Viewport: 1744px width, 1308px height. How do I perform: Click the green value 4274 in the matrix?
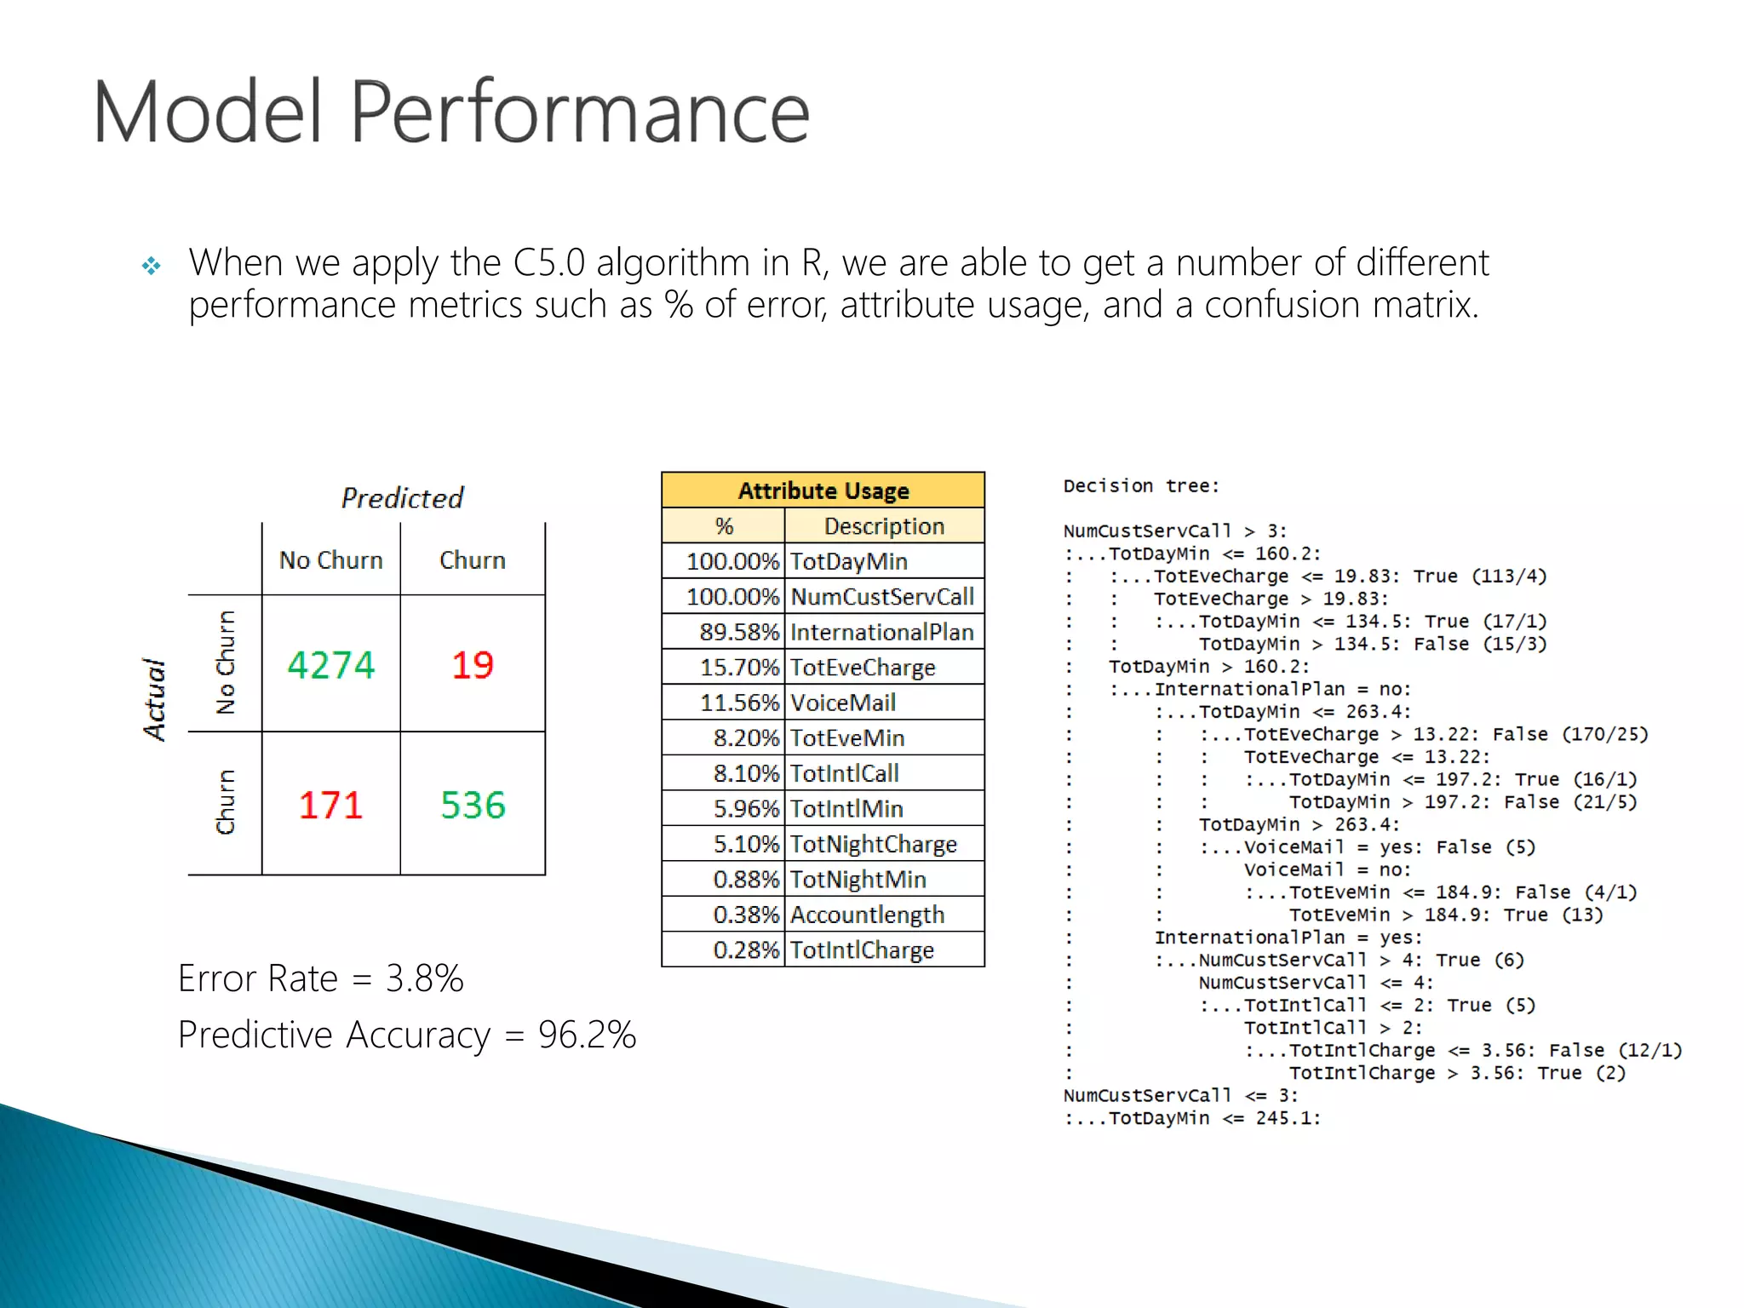pos(330,665)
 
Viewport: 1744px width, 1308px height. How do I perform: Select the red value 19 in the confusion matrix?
pos(473,665)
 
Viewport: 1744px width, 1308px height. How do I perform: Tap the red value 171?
pos(330,805)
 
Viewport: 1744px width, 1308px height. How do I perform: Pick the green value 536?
pos(473,805)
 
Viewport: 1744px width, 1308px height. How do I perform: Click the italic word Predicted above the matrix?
pos(402,498)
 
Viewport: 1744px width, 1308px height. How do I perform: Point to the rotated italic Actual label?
pos(154,699)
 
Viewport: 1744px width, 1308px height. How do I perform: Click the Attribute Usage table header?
pos(823,490)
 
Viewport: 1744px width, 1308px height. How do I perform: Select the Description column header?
pos(884,526)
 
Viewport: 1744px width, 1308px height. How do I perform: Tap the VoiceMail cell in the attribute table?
pos(843,703)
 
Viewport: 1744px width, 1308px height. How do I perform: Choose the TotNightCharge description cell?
pos(874,844)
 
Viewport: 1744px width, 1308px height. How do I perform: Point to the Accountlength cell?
pos(867,915)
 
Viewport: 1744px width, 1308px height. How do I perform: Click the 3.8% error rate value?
pos(424,978)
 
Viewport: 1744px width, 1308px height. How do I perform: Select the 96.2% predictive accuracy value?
pos(587,1035)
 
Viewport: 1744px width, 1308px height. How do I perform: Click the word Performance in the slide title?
pos(579,112)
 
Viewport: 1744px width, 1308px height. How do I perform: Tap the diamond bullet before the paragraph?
pos(152,267)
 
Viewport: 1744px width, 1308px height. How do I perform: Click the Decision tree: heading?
pos(1141,486)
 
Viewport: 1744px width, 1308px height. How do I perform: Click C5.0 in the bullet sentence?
pos(549,262)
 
